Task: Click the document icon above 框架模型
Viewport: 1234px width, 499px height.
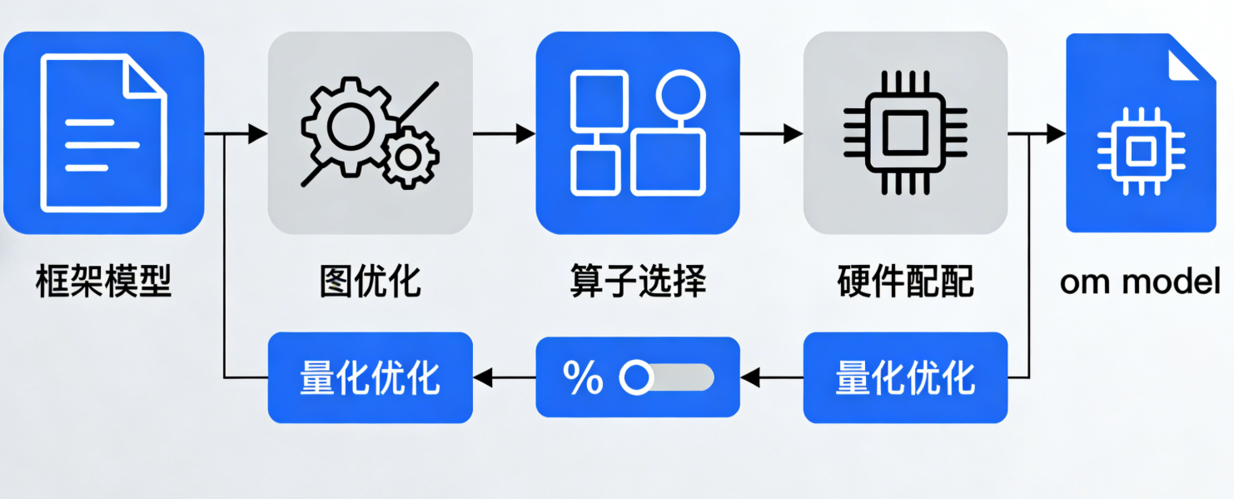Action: click(x=103, y=133)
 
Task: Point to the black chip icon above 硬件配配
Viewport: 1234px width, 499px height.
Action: click(x=904, y=133)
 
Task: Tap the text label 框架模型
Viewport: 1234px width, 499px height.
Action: click(x=103, y=282)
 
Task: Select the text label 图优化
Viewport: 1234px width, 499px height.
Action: click(x=370, y=282)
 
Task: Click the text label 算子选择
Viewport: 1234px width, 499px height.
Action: click(x=638, y=282)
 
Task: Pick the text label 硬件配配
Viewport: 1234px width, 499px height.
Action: click(x=905, y=282)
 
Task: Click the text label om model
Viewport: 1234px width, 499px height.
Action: click(x=1140, y=282)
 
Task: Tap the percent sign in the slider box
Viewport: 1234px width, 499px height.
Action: click(x=583, y=378)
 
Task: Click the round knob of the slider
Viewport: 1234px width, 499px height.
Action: click(x=637, y=378)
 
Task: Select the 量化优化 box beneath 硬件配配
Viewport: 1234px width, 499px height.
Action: click(x=905, y=378)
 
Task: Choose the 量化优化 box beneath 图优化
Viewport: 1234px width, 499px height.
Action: click(x=370, y=378)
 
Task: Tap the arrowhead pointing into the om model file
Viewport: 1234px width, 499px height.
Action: click(x=1056, y=133)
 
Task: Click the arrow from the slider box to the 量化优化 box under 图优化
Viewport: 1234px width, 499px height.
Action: click(x=505, y=378)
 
